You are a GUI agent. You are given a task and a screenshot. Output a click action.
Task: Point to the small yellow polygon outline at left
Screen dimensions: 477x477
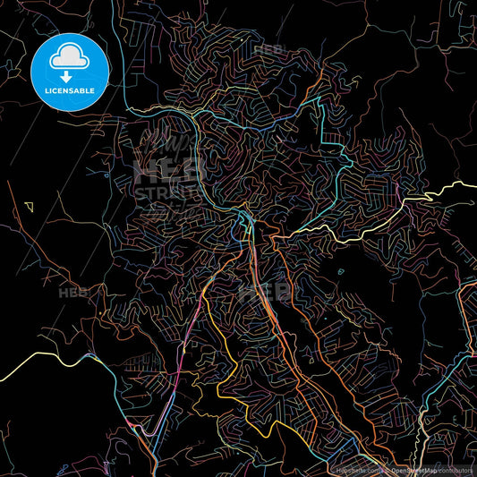tap(30, 206)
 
